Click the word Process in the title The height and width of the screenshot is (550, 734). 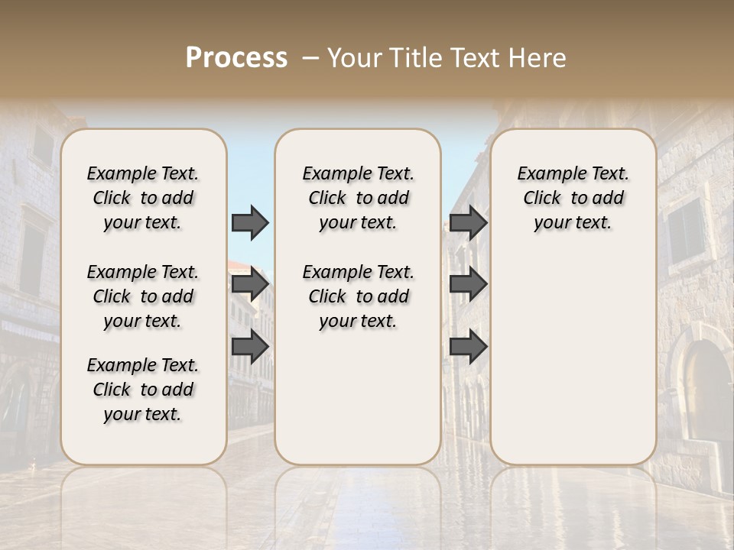coord(236,58)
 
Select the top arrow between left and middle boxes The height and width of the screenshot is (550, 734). coord(250,222)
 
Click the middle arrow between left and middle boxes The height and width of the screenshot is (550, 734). coord(250,284)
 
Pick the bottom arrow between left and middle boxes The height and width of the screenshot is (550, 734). coord(250,347)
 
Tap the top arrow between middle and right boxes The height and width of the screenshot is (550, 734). coord(468,222)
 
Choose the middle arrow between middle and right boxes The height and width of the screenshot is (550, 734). coord(468,284)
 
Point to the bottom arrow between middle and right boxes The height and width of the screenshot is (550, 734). coord(468,347)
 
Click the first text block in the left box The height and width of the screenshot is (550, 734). coord(143,198)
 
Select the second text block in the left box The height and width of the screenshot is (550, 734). coord(143,296)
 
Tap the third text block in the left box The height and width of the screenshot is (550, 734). coord(143,390)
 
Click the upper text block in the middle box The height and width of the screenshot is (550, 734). coord(358,198)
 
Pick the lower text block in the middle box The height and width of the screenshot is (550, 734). coord(358,296)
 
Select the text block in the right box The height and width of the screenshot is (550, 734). coord(573,198)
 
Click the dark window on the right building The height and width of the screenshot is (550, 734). coord(685,229)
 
